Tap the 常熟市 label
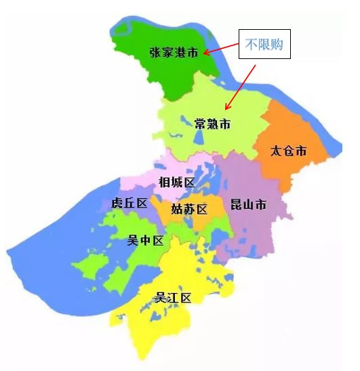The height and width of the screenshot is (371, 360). coord(212,124)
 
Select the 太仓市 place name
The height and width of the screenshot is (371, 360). coord(288,151)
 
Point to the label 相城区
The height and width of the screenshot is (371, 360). coord(176,182)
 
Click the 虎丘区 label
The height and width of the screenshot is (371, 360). coord(129,203)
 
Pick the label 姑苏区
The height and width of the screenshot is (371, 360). coord(188,208)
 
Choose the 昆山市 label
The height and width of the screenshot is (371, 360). coord(248,204)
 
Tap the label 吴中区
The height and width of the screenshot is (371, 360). coord(146,240)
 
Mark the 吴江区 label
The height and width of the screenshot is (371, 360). coord(174,297)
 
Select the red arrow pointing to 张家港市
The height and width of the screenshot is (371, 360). coord(218,49)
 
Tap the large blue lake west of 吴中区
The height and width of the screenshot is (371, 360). coord(54,231)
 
